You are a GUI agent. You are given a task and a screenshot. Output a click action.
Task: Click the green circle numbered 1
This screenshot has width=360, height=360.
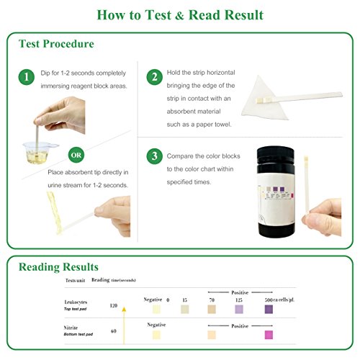(26, 77)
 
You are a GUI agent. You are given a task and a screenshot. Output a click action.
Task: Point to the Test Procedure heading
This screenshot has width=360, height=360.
(56, 44)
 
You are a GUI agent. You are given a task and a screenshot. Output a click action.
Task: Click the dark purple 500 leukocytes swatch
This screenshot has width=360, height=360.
(269, 309)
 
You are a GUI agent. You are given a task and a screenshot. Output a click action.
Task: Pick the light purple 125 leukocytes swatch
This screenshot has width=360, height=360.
(240, 309)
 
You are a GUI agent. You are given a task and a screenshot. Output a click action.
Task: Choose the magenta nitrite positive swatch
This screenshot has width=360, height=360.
(269, 335)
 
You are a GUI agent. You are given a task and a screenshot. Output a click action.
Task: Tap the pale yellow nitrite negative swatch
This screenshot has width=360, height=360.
(156, 335)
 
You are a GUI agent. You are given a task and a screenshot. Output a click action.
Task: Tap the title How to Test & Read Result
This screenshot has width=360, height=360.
(180, 15)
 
